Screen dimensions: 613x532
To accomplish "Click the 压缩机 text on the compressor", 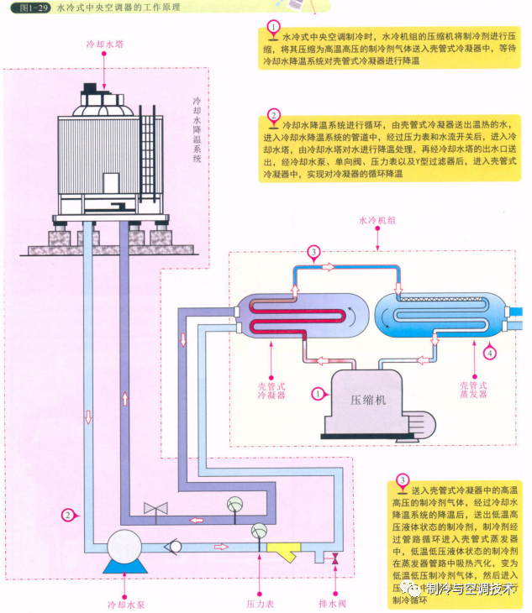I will coord(368,401).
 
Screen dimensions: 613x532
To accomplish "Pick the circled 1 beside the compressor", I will coord(317,393).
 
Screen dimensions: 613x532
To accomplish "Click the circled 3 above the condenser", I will coord(313,252).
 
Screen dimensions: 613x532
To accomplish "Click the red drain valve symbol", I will coord(336,559).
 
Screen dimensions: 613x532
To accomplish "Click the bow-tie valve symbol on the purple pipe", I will coord(155,509).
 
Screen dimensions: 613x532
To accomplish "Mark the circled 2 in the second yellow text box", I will coord(273,115).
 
